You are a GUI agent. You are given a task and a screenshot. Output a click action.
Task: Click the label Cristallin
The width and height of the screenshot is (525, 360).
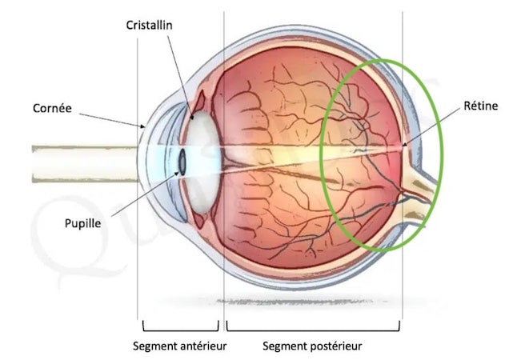click(x=149, y=25)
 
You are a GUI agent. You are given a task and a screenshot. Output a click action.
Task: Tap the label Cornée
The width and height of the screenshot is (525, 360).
click(x=52, y=108)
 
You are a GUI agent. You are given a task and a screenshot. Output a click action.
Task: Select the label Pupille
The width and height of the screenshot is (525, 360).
click(x=82, y=223)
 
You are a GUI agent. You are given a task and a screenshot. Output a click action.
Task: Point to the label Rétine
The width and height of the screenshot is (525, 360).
click(x=481, y=106)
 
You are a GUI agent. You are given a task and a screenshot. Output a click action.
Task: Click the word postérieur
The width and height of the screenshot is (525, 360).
click(x=337, y=346)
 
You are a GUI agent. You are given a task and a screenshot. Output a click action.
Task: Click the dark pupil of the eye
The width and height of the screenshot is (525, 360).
click(x=182, y=162)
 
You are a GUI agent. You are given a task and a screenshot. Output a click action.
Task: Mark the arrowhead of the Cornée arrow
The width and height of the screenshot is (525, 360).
click(x=143, y=126)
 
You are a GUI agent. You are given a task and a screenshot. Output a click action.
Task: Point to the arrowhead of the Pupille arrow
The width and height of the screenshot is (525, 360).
click(x=178, y=174)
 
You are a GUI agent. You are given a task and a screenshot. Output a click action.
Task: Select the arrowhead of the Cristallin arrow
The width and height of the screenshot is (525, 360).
click(x=192, y=117)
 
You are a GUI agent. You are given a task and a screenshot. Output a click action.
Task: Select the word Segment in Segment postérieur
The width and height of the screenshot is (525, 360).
click(x=286, y=346)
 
